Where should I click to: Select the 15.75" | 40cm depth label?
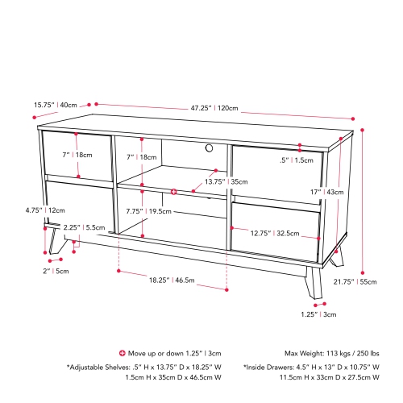56,104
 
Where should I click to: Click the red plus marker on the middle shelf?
173,192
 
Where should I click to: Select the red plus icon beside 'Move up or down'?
123,353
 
